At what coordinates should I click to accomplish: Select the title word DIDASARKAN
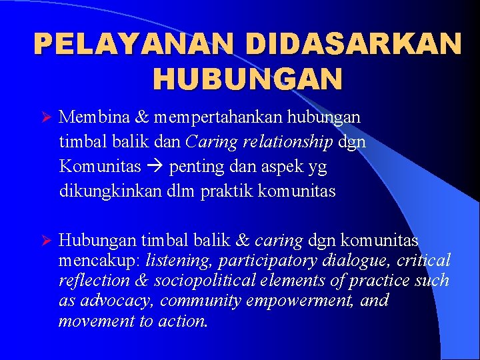pyautogui.click(x=353, y=45)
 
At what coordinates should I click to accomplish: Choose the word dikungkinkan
pyautogui.click(x=106, y=191)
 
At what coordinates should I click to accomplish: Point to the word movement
pyautogui.click(x=89, y=321)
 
